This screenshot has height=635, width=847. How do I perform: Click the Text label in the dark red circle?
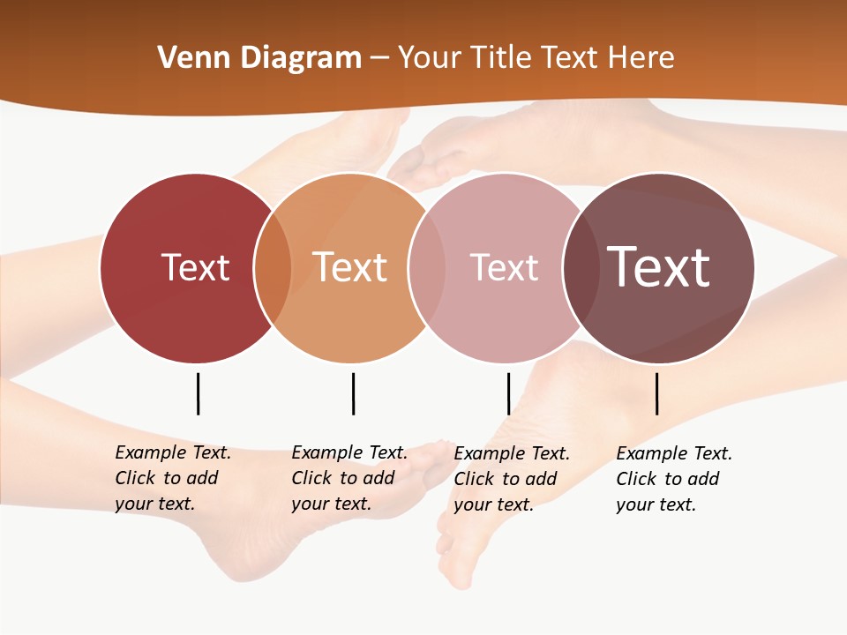(x=195, y=267)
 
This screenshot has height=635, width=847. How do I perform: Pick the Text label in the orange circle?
(x=349, y=267)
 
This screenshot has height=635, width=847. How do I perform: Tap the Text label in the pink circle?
(x=504, y=267)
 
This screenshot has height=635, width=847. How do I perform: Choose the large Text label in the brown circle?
(x=659, y=267)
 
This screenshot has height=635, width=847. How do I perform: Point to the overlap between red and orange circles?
(x=273, y=267)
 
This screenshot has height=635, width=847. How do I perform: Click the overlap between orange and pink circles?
(x=427, y=267)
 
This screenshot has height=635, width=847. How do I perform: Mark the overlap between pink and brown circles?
(x=581, y=267)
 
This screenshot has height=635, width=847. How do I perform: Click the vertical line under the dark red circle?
(x=198, y=393)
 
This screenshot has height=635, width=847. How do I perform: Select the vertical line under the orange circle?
(x=353, y=393)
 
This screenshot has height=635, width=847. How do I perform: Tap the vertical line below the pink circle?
(x=508, y=393)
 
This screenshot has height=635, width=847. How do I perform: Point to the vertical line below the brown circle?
(x=656, y=393)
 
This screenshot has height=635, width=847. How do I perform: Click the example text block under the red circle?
(x=172, y=478)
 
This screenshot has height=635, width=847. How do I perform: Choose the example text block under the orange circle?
(x=349, y=478)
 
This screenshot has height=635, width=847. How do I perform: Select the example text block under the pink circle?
(x=511, y=479)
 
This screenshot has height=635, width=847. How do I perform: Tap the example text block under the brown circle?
(x=673, y=479)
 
